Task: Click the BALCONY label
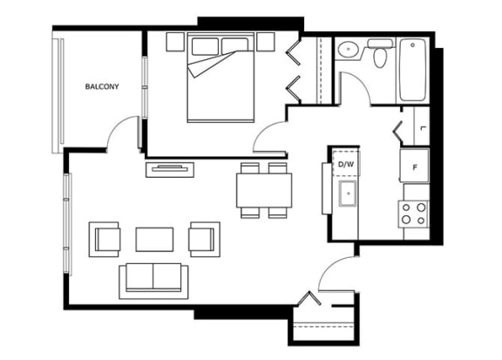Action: (x=102, y=86)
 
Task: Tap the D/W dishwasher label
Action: (x=346, y=164)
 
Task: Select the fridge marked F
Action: (x=414, y=166)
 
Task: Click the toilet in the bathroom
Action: (x=380, y=53)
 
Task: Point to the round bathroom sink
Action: (x=348, y=50)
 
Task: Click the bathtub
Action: (x=413, y=70)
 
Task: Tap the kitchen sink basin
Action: (x=348, y=194)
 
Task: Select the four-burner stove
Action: (x=414, y=214)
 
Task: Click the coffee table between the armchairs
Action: (x=154, y=239)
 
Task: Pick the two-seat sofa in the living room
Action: (x=153, y=282)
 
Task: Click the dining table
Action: (x=264, y=190)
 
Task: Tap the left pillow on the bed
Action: (x=205, y=46)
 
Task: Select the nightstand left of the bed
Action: (x=175, y=41)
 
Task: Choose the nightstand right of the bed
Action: (x=266, y=41)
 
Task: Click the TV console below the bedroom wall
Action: (x=170, y=169)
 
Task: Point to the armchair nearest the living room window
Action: (x=105, y=239)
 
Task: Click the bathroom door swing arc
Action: (x=360, y=80)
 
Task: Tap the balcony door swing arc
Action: (x=117, y=123)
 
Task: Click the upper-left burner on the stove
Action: (x=406, y=207)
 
